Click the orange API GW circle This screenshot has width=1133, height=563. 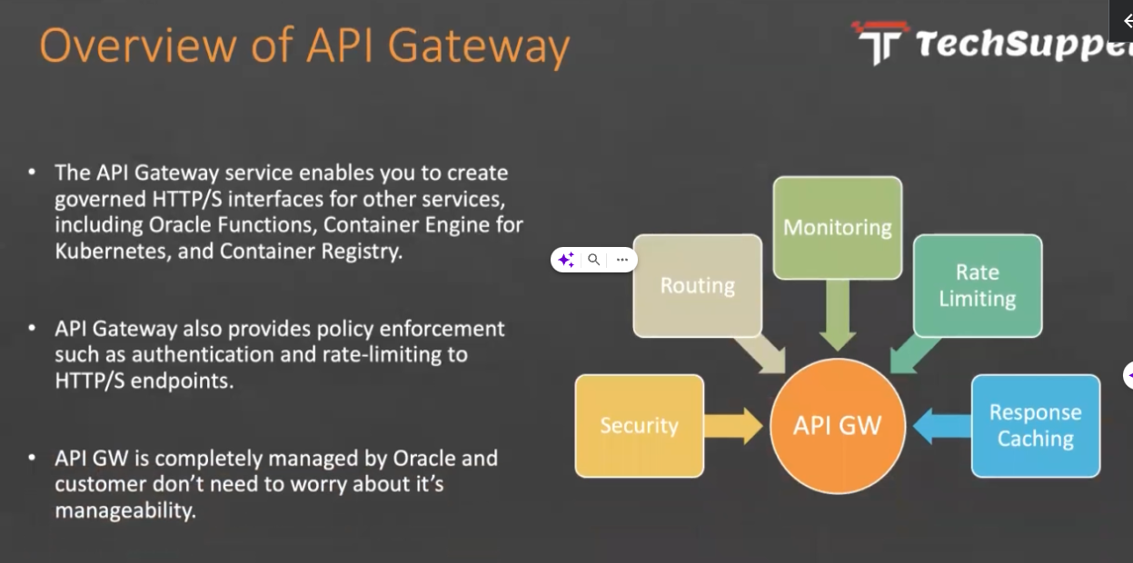pos(837,426)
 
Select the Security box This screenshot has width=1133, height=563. pos(639,426)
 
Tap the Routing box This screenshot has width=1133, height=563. pos(697,285)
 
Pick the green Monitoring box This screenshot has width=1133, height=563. pos(837,227)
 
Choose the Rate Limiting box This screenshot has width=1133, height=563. pos(977,285)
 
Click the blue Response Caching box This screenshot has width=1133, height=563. pos(1035,426)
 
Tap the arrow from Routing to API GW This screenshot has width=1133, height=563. pos(761,353)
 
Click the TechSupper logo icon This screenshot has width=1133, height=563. pos(880,42)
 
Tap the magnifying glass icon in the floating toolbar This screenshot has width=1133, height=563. pos(593,260)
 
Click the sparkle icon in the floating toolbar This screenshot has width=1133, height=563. pos(566,260)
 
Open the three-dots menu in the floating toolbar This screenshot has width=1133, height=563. pos(621,260)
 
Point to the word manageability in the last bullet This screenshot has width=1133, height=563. pos(124,510)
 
